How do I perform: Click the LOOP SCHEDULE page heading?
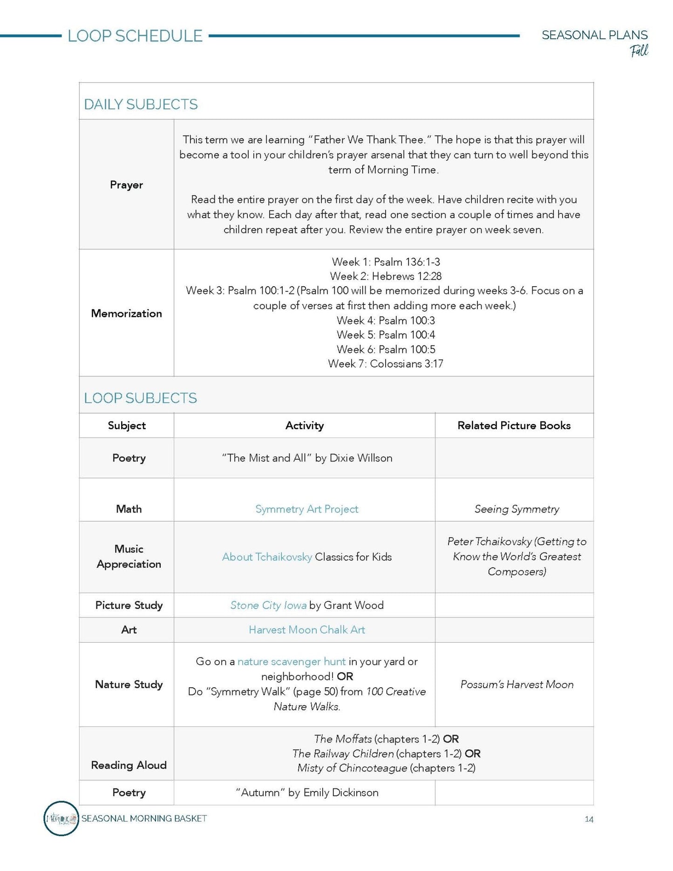135,36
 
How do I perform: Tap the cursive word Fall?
639,50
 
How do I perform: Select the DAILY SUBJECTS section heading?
141,104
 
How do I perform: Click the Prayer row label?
126,185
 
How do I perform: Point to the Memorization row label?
126,313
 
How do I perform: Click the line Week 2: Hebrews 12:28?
385,276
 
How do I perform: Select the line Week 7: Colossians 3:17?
385,363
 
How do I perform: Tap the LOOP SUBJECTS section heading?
140,398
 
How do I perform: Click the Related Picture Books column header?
514,425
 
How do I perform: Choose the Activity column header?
304,425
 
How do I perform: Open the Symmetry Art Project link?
306,509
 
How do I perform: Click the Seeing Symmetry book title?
517,509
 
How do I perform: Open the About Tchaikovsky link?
267,557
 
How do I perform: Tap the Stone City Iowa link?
268,605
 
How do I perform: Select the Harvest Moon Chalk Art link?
306,630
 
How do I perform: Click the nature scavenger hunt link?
292,662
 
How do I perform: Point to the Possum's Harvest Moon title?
517,685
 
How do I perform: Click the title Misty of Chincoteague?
352,768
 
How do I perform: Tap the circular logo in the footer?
61,818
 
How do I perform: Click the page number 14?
589,819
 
